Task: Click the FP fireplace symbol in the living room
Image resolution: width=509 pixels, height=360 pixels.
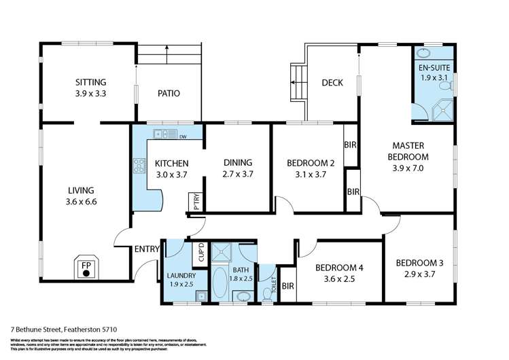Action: (x=86, y=268)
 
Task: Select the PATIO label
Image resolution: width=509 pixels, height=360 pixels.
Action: (x=169, y=93)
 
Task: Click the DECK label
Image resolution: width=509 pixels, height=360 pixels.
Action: (x=332, y=83)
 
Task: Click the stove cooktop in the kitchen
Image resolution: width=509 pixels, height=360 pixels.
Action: (x=139, y=165)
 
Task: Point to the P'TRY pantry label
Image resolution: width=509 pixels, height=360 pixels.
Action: (x=195, y=202)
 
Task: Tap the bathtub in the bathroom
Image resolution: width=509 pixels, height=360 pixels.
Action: (x=220, y=283)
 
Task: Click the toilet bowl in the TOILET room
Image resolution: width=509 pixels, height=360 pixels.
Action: (x=267, y=293)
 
